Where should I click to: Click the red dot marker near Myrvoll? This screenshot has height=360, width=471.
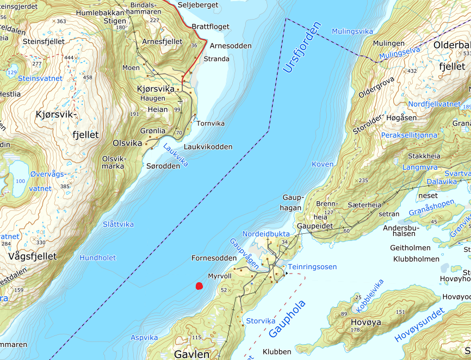point(199,286)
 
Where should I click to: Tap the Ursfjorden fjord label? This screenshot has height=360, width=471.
point(302,48)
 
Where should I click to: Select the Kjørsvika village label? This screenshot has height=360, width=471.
point(156,89)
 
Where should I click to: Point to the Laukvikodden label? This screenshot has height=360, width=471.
point(208,147)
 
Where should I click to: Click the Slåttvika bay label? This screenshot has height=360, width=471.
point(118,224)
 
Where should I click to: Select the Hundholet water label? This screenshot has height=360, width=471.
point(98,258)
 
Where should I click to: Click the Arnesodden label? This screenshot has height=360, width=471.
point(231,46)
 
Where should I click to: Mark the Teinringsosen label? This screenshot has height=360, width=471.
point(312,266)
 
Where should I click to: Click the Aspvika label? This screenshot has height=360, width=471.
point(144,338)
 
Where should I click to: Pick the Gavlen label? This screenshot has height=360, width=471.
point(191,354)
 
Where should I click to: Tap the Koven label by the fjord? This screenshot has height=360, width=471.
point(323,164)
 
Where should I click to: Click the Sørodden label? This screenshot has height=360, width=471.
point(163,166)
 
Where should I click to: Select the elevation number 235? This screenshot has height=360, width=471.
point(363,181)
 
